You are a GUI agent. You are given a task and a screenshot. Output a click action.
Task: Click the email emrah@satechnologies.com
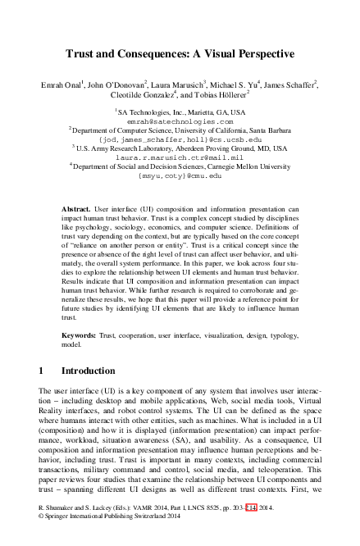coord(180,120)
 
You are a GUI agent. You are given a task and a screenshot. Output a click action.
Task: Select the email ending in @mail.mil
coord(180,157)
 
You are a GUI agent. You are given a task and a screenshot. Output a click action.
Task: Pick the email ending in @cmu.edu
coord(180,175)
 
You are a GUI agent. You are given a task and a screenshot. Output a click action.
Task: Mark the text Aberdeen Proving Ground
coord(217,148)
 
